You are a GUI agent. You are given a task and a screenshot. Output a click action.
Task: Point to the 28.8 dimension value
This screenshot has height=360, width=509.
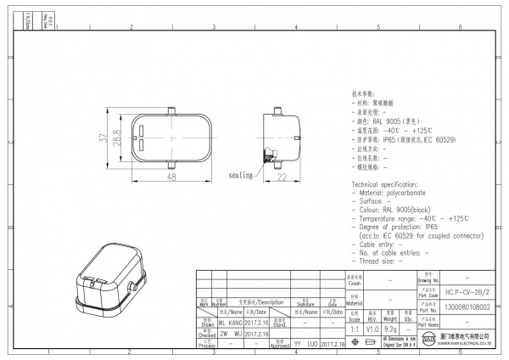tap(117, 137)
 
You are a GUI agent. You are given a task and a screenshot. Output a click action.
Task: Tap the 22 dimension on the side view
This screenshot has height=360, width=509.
tap(282, 177)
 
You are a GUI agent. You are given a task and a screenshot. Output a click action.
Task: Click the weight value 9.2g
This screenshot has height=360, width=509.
tap(392, 327)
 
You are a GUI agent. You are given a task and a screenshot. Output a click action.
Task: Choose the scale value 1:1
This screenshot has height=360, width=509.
tap(353, 327)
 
